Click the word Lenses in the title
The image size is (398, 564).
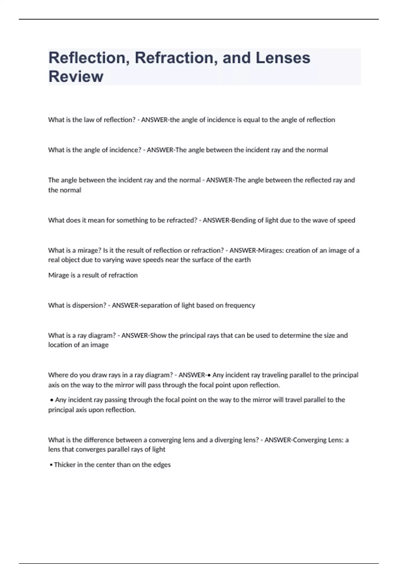283,58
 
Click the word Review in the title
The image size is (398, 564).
76,76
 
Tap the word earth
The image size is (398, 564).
243,260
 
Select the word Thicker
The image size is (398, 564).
65,465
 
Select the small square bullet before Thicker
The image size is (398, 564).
51,465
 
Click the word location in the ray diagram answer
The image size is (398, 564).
59,345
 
